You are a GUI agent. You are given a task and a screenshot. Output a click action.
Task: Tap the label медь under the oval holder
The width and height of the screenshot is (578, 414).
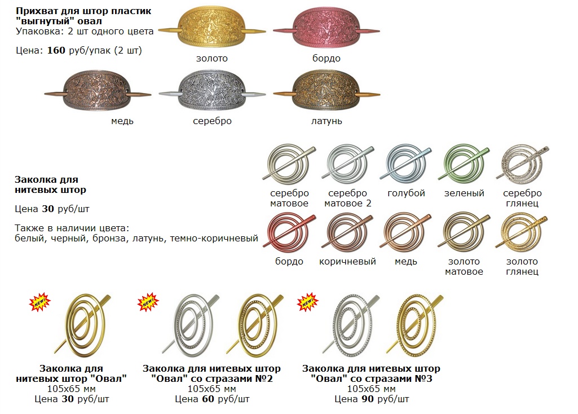[x=123, y=121]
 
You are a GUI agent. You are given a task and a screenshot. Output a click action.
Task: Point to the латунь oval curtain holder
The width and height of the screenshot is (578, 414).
[x=325, y=92]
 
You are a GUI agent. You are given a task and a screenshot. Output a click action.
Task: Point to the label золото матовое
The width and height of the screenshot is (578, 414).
[x=464, y=266]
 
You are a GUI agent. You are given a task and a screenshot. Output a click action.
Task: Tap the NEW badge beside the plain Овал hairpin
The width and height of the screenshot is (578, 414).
[x=39, y=302]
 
